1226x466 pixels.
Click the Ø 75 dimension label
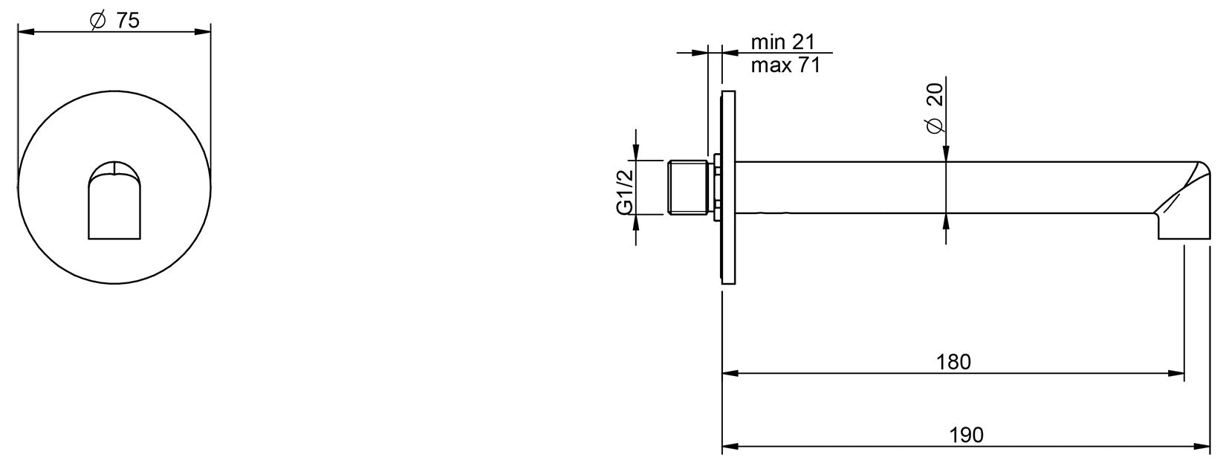coord(114,20)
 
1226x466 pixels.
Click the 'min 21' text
coord(784,41)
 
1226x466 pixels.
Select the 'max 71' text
coord(785,65)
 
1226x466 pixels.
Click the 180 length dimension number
coord(953,362)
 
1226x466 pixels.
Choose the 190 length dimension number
coord(965,435)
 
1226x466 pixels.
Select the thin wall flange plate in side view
coord(728,187)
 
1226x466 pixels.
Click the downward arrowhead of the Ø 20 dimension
coord(945,154)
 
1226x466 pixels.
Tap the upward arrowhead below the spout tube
coord(945,221)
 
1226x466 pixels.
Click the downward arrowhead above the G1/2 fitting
coord(636,152)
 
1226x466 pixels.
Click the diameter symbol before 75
coord(97,21)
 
